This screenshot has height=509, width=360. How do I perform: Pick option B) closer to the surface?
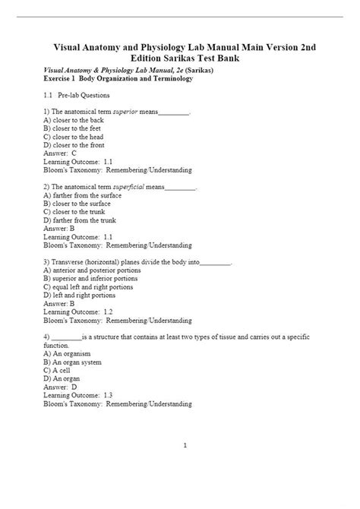[x=82, y=204]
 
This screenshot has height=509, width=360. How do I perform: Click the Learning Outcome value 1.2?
[x=107, y=311]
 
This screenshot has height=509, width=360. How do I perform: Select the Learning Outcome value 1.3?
[x=107, y=394]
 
